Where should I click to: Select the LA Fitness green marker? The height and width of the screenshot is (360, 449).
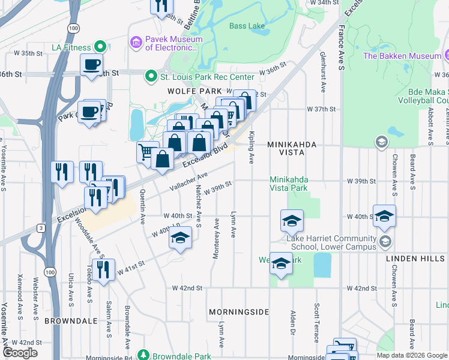(x=101, y=47)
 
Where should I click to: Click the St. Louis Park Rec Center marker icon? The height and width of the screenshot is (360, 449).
(x=151, y=77)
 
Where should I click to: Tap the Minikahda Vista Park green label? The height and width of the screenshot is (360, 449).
(x=289, y=184)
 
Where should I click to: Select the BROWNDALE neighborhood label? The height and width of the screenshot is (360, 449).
(x=71, y=321)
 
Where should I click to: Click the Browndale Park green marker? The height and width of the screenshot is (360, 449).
(x=143, y=356)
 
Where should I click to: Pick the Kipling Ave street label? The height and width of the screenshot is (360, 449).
(x=250, y=148)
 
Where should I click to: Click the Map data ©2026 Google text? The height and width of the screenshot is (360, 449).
(x=411, y=355)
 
